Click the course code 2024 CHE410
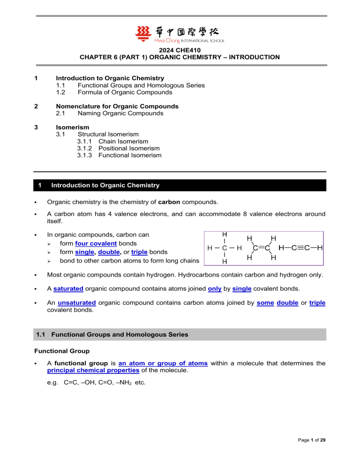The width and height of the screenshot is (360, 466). point(180,50)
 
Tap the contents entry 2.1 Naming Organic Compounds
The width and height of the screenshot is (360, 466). point(120,113)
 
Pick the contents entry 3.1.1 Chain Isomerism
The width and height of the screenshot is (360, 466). point(112,141)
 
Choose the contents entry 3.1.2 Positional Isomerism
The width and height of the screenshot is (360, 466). point(118,148)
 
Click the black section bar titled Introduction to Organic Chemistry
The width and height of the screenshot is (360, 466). point(180,185)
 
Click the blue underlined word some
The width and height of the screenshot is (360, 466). point(265,303)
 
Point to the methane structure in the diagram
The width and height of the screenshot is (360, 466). point(225,248)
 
